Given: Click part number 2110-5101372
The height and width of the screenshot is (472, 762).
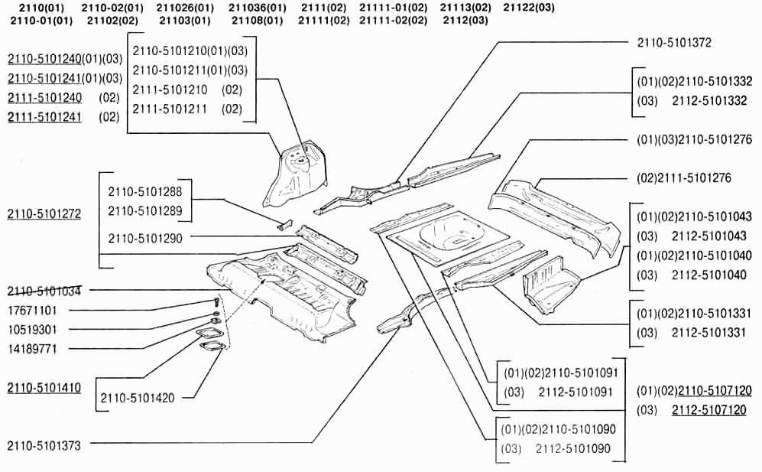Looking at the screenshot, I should click(x=673, y=43).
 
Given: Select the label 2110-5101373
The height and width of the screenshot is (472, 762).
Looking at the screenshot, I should click(x=44, y=444).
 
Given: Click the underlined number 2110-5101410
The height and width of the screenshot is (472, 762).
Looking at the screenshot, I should click(x=44, y=387).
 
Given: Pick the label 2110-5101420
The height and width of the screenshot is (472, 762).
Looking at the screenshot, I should click(x=138, y=398).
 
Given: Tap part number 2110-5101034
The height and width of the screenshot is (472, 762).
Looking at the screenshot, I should click(x=44, y=291).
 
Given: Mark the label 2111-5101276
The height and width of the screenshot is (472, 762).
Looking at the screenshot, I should click(x=684, y=177).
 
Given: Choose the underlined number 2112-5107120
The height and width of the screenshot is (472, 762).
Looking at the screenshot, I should click(x=708, y=410).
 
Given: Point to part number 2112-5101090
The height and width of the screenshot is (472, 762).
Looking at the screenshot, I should click(x=573, y=448).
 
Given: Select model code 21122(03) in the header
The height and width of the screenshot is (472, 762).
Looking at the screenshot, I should click(x=529, y=7).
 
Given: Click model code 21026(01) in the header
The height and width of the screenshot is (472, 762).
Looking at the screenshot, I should click(x=183, y=7).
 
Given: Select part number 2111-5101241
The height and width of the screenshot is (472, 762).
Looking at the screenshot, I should click(x=44, y=117).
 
